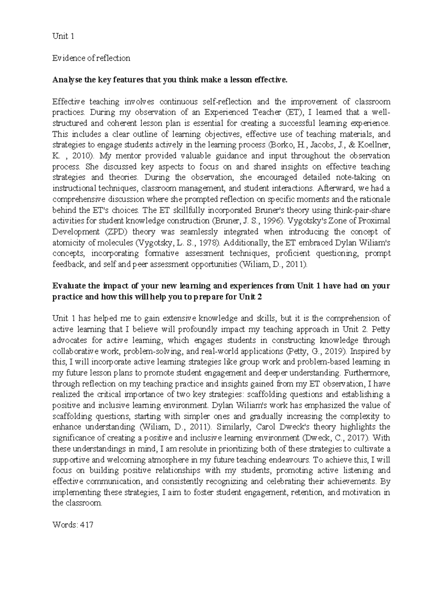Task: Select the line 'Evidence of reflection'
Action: pyautogui.click(x=91, y=58)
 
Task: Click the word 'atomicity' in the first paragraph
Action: pyautogui.click(x=67, y=243)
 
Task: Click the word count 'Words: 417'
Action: pyautogui.click(x=73, y=525)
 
